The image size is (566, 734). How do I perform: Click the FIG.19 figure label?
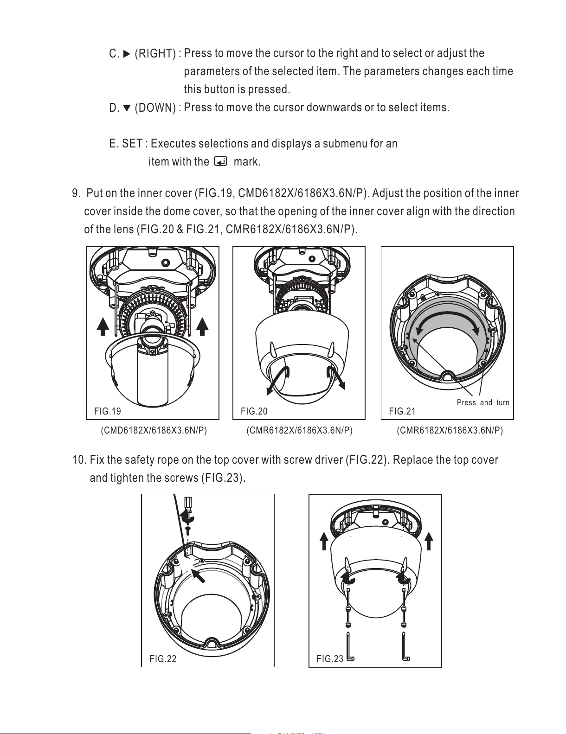click(x=107, y=411)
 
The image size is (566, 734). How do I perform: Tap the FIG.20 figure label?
click(x=254, y=411)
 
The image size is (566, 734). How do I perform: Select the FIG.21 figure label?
click(x=402, y=411)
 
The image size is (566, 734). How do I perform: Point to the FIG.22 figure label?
click(x=163, y=659)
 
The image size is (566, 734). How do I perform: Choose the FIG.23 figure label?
click(x=330, y=659)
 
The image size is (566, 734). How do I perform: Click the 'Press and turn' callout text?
click(x=482, y=402)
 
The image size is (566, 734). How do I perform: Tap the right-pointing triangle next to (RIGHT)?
click(x=127, y=54)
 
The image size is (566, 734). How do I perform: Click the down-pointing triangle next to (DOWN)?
click(x=127, y=109)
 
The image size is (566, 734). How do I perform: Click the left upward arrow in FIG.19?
click(x=103, y=327)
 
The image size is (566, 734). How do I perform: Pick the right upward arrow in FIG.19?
click(x=202, y=327)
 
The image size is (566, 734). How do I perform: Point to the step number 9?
click(x=76, y=193)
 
